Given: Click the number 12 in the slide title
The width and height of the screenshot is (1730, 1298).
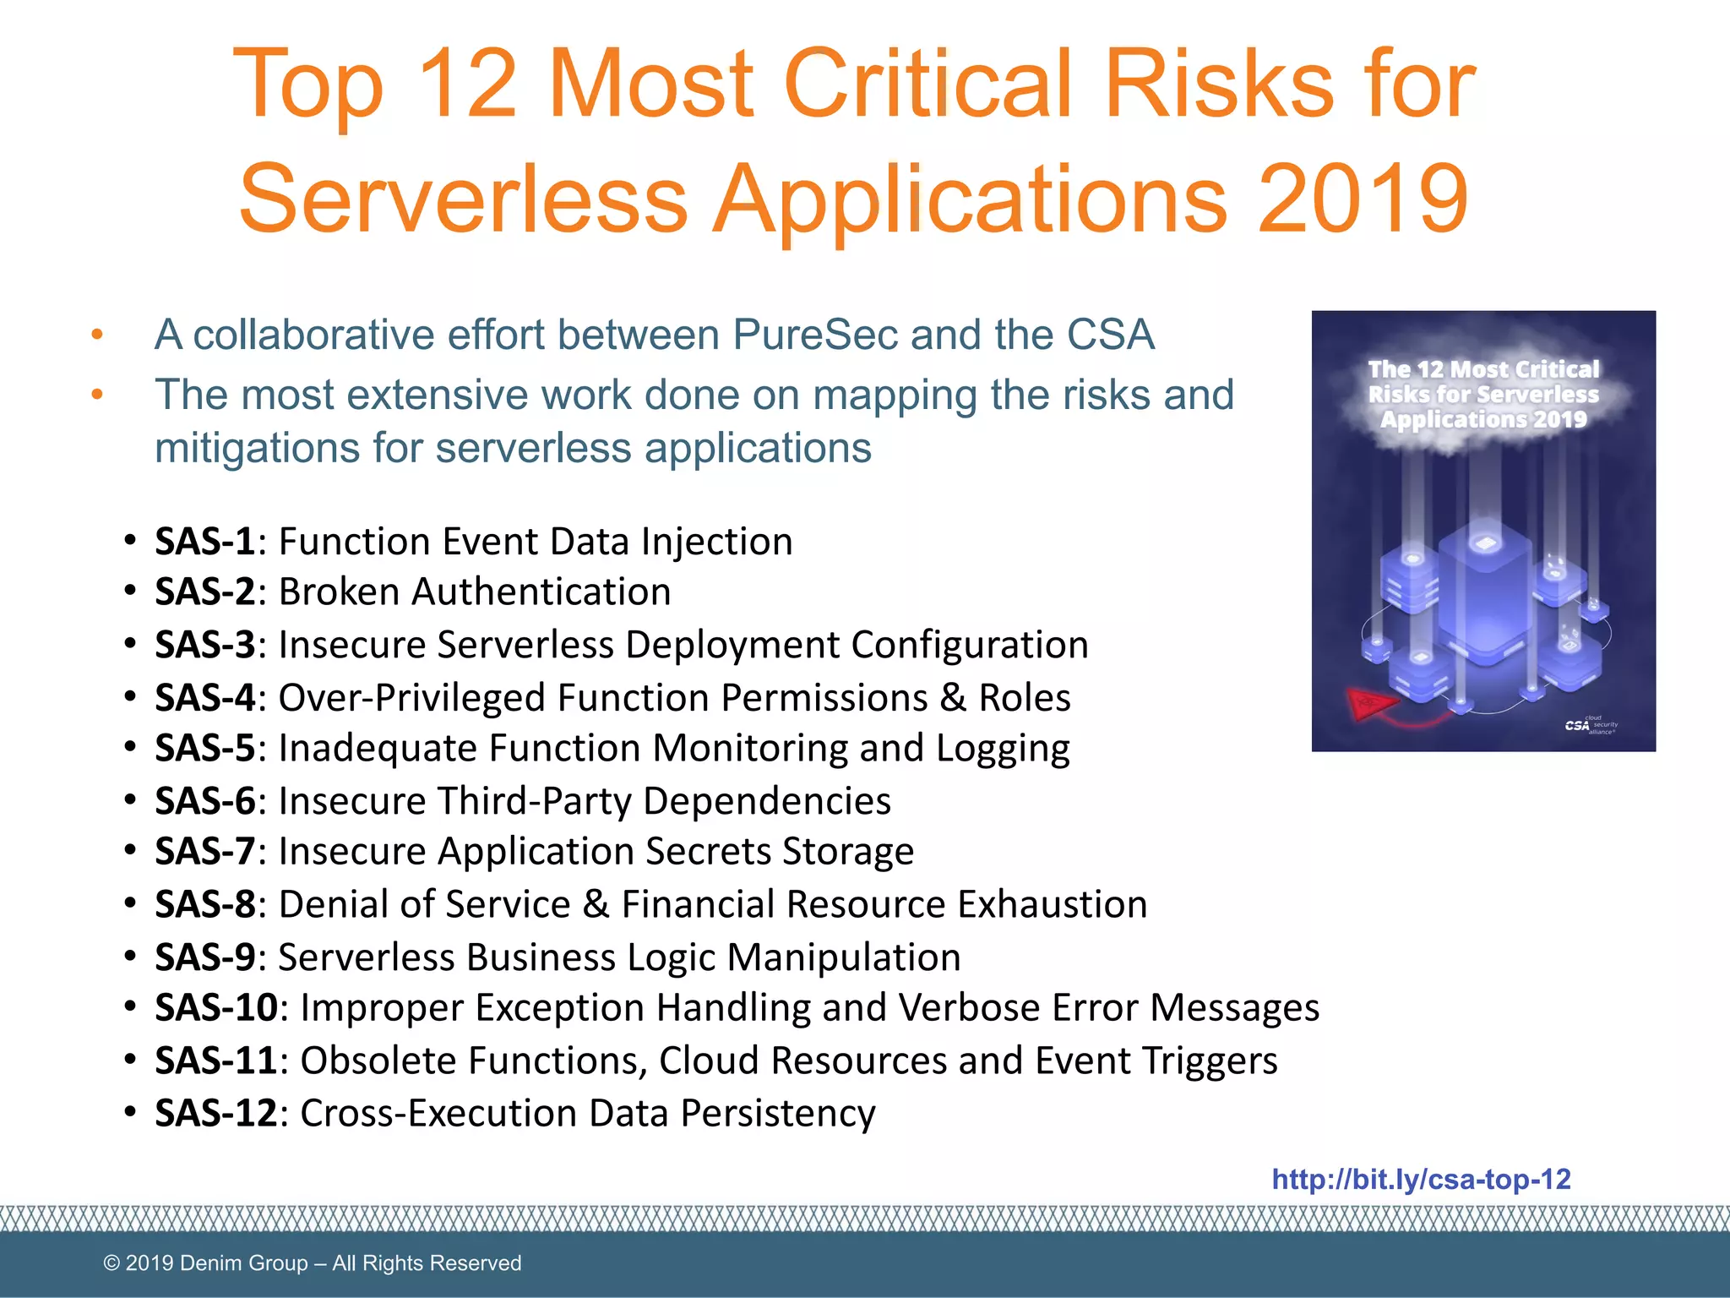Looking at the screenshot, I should (x=467, y=85).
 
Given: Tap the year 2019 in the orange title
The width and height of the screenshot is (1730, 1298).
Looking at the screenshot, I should (x=1363, y=199).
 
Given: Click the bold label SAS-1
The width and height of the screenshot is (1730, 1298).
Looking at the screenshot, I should (x=205, y=542).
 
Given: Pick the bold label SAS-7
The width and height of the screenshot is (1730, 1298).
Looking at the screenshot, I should (x=205, y=852).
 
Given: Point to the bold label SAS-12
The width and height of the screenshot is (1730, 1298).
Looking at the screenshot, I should (x=216, y=1113).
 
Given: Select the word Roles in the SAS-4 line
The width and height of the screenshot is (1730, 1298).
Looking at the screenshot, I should (x=1025, y=698).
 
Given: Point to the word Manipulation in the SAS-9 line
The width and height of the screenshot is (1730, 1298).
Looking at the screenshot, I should (x=844, y=957).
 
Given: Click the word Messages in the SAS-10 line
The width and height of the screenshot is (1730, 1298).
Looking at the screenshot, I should (x=1234, y=1008).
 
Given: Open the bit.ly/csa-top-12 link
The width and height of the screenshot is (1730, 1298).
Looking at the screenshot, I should (x=1421, y=1180).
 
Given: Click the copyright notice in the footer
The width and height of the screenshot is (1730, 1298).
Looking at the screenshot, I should (x=312, y=1263).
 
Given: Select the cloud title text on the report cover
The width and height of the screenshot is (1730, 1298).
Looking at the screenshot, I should (x=1483, y=395).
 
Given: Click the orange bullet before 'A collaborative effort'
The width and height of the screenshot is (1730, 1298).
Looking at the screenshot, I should (x=98, y=335).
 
